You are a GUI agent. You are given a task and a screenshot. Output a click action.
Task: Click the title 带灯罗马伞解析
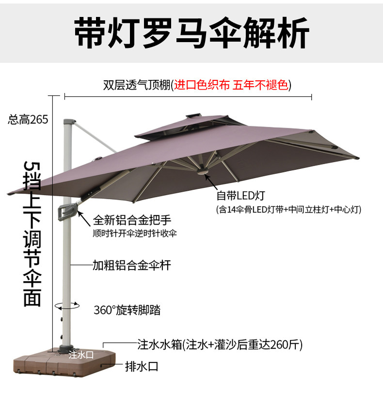(191, 32)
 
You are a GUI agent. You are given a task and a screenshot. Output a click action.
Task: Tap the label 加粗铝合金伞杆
(131, 265)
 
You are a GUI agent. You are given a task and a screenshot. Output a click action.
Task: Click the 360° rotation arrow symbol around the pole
(67, 306)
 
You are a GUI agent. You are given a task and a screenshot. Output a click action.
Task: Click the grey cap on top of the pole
(68, 120)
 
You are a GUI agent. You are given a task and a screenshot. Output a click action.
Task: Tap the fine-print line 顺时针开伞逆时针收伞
(135, 233)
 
